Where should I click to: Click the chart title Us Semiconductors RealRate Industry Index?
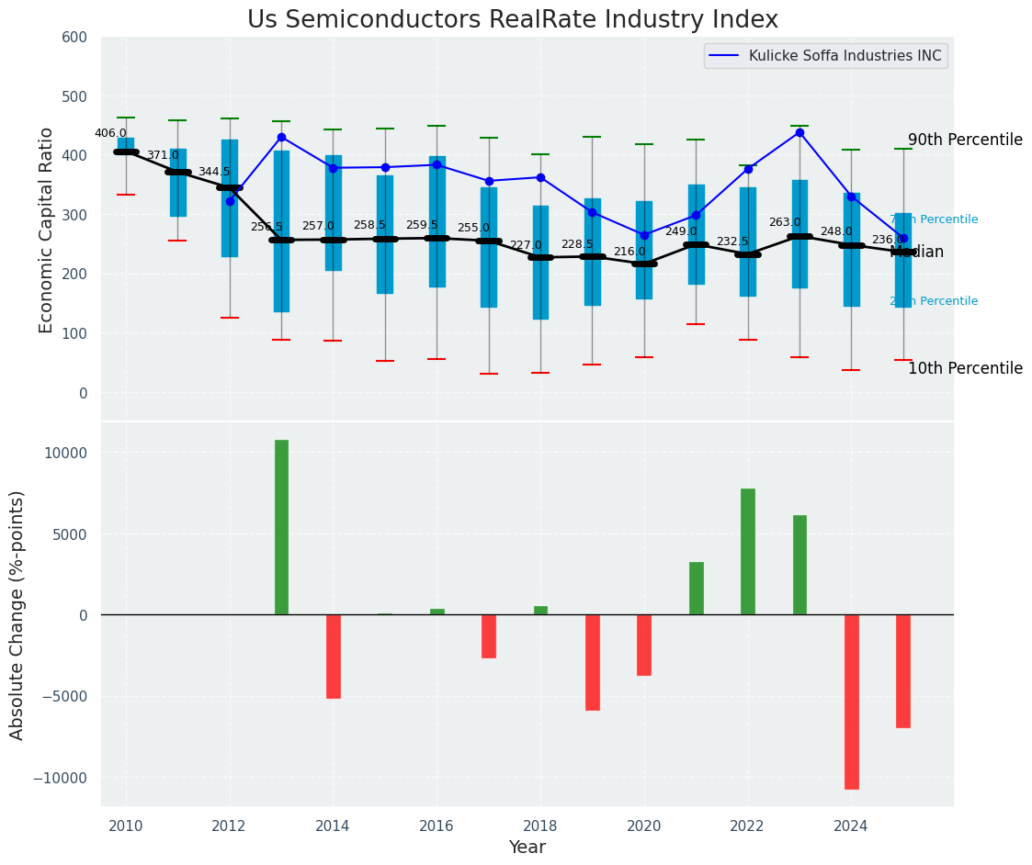click(x=512, y=20)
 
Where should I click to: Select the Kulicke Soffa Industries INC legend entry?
click(x=845, y=56)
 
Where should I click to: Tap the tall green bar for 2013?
click(x=281, y=527)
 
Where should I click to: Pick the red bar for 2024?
click(x=851, y=702)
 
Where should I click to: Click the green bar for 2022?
click(x=748, y=551)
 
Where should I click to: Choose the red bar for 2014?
click(x=333, y=656)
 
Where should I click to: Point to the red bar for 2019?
click(x=592, y=662)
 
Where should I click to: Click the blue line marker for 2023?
click(x=800, y=132)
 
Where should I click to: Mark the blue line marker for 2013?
click(x=281, y=138)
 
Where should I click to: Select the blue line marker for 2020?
click(x=644, y=235)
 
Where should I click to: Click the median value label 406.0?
click(x=110, y=133)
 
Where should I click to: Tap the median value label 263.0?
click(x=785, y=222)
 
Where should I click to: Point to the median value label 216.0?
click(x=629, y=252)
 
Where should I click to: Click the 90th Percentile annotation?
click(x=965, y=140)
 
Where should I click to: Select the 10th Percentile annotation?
click(x=965, y=369)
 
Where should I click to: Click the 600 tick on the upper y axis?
click(x=74, y=38)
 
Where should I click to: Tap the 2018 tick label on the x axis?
click(x=540, y=826)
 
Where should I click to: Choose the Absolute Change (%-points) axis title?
click(x=17, y=614)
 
